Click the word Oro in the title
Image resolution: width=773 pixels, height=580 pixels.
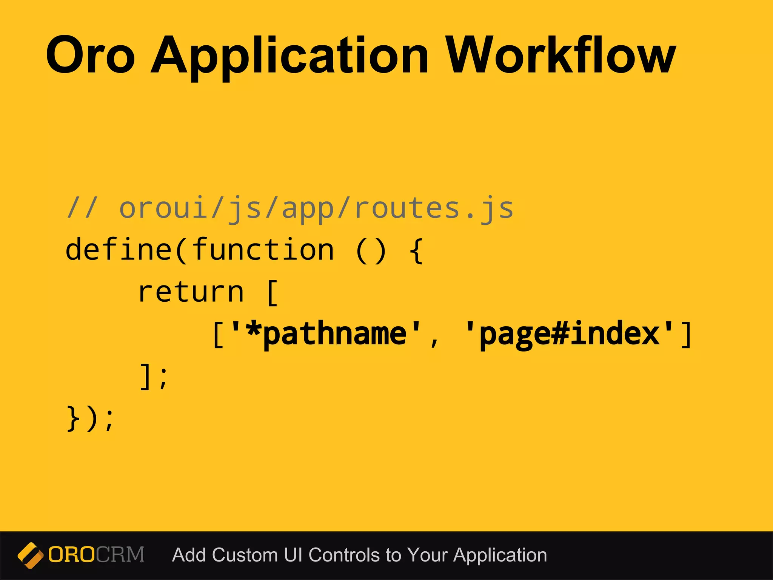[90, 55]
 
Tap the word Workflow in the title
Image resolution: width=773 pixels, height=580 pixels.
[561, 55]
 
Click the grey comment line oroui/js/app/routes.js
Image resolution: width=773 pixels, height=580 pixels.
[290, 209]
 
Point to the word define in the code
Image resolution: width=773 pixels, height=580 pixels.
[119, 250]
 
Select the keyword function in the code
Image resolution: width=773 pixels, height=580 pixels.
[263, 250]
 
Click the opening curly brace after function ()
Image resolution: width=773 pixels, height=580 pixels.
[416, 250]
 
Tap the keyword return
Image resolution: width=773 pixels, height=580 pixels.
[191, 292]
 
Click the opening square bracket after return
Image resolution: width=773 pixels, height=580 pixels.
[272, 293]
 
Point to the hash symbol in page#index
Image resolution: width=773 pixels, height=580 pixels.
[560, 334]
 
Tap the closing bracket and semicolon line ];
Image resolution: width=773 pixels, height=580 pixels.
[153, 376]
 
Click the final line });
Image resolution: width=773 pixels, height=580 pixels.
[90, 418]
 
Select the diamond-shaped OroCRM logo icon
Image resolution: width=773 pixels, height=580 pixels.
[30, 555]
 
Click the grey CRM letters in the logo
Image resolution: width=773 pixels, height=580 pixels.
[120, 555]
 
